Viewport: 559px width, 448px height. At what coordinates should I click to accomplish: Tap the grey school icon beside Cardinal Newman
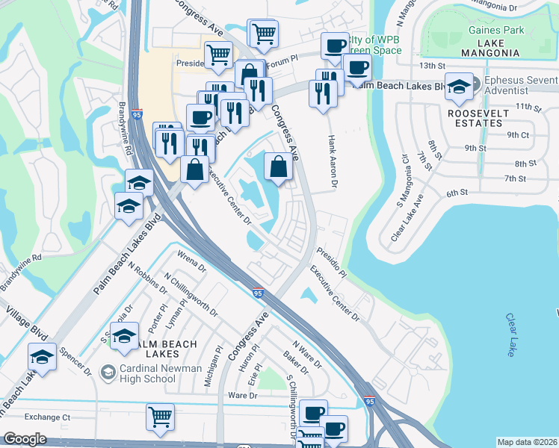coord(109,371)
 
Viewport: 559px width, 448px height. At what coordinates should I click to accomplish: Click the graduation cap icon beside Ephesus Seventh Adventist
coord(460,85)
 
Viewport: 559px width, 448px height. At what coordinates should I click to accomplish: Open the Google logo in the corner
coord(25,439)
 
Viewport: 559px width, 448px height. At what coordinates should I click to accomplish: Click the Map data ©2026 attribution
coord(527,442)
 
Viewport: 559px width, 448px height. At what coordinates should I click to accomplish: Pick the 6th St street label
coord(457,193)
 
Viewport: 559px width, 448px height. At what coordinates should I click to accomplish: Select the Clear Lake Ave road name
coord(407,218)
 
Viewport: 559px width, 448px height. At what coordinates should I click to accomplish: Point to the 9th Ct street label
coord(518,135)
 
